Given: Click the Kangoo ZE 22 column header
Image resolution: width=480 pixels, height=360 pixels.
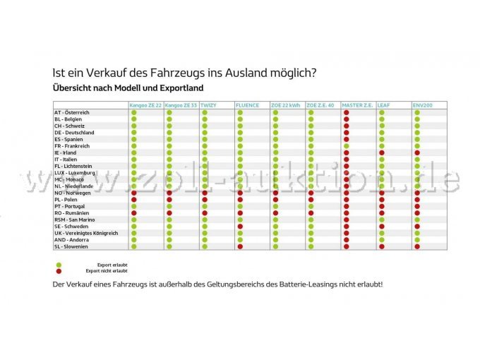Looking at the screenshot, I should (145, 105).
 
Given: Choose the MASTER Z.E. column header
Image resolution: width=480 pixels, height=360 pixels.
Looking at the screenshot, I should (356, 105).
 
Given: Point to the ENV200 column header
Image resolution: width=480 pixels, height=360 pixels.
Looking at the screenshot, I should (424, 105).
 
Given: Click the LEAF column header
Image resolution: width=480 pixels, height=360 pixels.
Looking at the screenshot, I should (384, 105).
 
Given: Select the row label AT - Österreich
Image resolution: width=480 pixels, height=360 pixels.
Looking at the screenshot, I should (72, 112).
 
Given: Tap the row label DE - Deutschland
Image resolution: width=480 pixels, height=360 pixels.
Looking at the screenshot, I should (74, 133).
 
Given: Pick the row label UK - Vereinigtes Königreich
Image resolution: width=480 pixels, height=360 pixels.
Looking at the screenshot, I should (85, 233).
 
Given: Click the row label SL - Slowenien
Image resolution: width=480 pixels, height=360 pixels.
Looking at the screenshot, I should (71, 246).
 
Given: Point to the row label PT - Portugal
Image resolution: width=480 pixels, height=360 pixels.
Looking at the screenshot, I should (69, 206).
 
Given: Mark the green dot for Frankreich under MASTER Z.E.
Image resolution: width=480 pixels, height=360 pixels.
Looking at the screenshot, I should (346, 146).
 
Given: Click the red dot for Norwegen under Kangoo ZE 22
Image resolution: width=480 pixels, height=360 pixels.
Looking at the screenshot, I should (134, 193).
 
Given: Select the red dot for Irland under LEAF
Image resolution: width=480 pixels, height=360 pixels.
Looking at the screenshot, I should (381, 152).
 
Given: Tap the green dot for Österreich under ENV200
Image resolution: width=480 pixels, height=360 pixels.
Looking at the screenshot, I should (417, 112).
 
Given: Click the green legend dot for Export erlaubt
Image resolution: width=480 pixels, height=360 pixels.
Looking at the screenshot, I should (59, 265).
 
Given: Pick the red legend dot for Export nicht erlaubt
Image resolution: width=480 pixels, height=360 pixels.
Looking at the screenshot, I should (59, 270).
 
